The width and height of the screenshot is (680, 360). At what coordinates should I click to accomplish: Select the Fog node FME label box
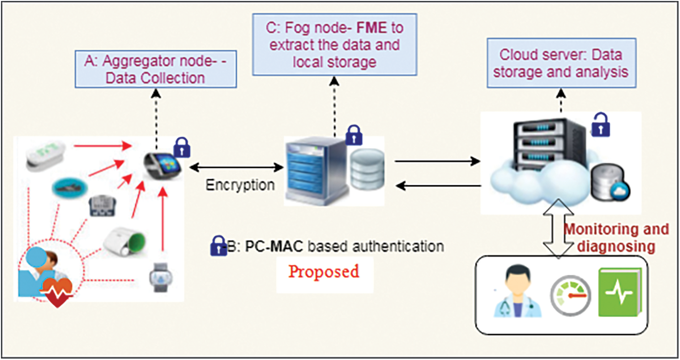coord(335,45)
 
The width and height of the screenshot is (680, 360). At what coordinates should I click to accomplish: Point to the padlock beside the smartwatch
coord(182,147)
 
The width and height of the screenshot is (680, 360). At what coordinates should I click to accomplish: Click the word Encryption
coord(240,185)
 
